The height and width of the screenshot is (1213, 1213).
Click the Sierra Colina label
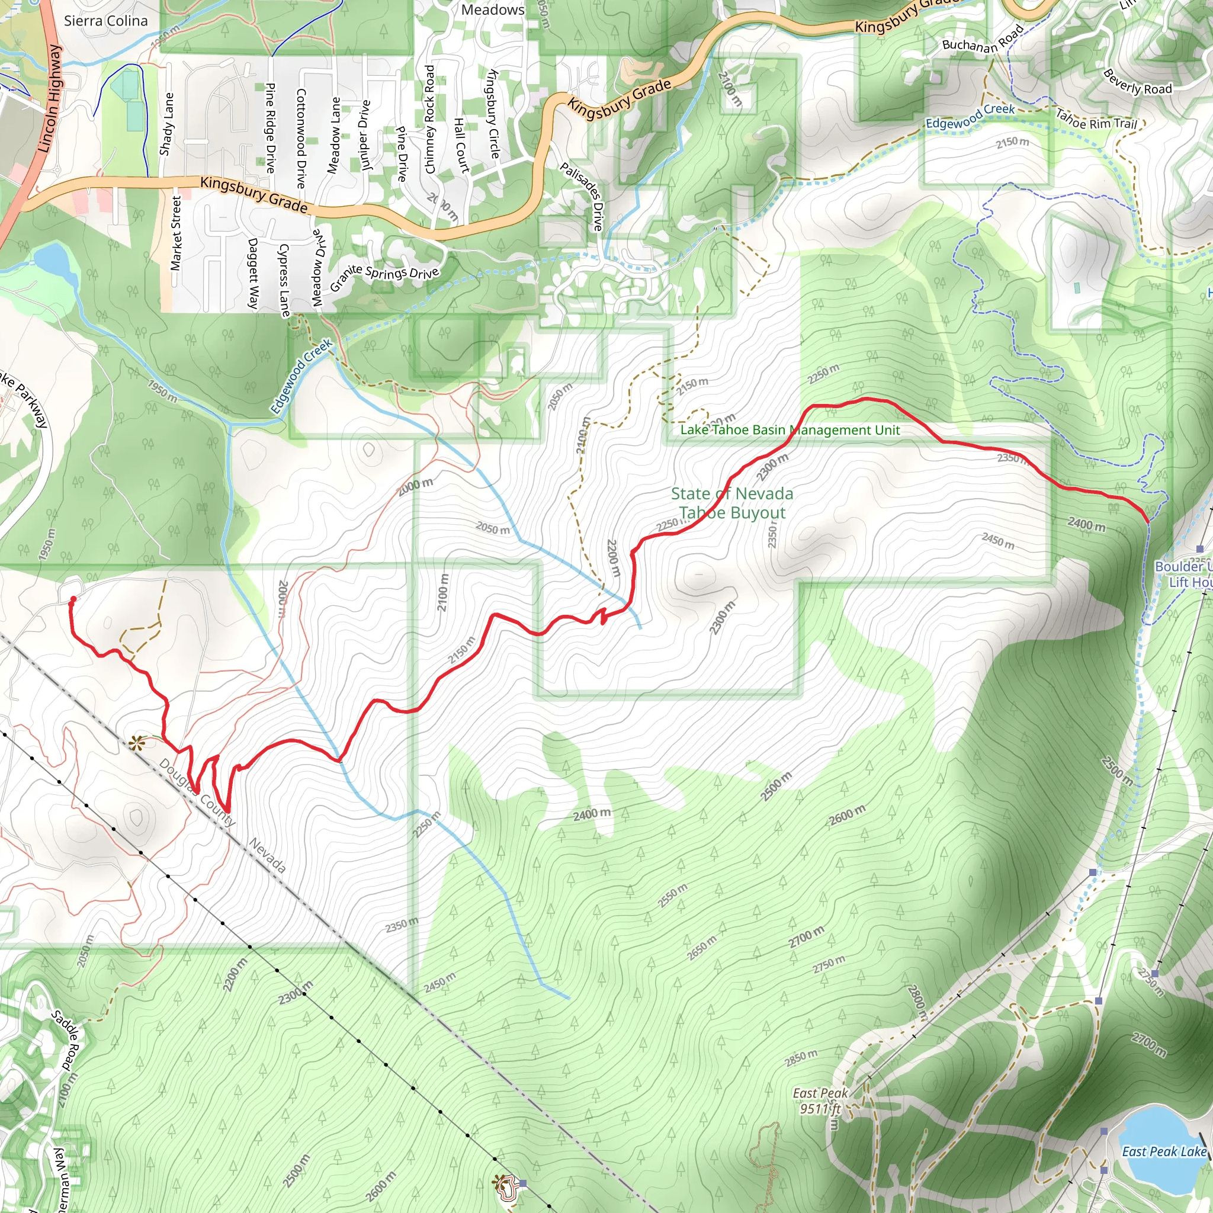tap(105, 21)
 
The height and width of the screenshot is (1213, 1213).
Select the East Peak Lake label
tap(1164, 1151)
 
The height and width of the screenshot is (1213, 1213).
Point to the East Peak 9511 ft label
tap(820, 1100)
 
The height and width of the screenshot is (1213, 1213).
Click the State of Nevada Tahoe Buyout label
tap(732, 503)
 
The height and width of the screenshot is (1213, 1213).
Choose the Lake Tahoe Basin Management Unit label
tap(790, 430)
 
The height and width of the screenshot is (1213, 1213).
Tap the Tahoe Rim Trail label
tap(1096, 118)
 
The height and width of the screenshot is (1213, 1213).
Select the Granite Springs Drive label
tap(384, 276)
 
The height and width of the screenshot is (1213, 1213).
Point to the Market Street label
tap(176, 233)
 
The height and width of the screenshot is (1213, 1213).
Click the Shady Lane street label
tap(166, 124)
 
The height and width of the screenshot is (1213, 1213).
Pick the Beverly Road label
tap(1137, 82)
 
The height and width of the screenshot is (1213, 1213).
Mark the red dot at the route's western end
tap(73, 599)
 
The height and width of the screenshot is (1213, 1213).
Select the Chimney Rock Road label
tap(429, 119)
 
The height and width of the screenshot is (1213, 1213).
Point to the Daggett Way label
tap(253, 273)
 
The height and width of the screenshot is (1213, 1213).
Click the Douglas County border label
tap(197, 792)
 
